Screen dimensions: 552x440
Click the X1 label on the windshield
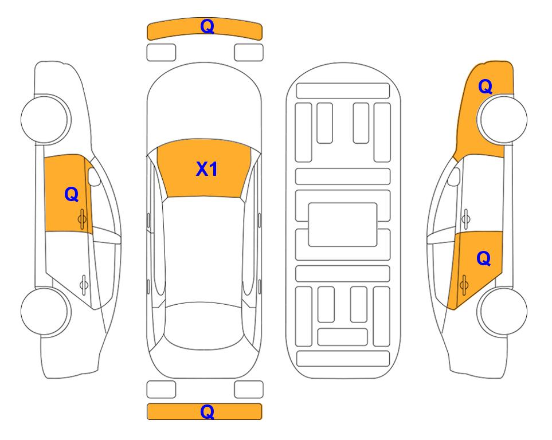click(207, 169)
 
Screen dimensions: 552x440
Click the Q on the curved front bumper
click(207, 26)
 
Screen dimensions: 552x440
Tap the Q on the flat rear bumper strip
click(207, 411)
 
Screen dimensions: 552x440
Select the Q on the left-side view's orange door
click(72, 194)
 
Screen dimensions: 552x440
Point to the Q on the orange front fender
click(485, 87)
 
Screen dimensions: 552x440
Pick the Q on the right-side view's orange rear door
click(483, 259)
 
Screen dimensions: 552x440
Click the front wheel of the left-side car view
click(45, 119)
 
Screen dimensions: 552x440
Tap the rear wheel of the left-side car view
click(45, 312)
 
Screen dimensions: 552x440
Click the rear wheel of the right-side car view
click(503, 312)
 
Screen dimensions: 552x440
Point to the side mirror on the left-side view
click(94, 176)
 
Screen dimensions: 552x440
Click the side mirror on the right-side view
click(454, 176)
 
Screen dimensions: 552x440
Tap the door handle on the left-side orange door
click(82, 219)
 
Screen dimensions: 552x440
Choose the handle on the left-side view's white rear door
click(84, 284)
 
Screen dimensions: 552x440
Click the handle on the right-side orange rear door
click(464, 284)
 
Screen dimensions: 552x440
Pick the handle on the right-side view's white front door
click(466, 219)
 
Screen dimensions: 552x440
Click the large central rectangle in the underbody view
click(343, 225)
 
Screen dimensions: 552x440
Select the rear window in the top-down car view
click(204, 325)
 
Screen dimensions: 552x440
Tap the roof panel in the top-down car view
click(204, 250)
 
